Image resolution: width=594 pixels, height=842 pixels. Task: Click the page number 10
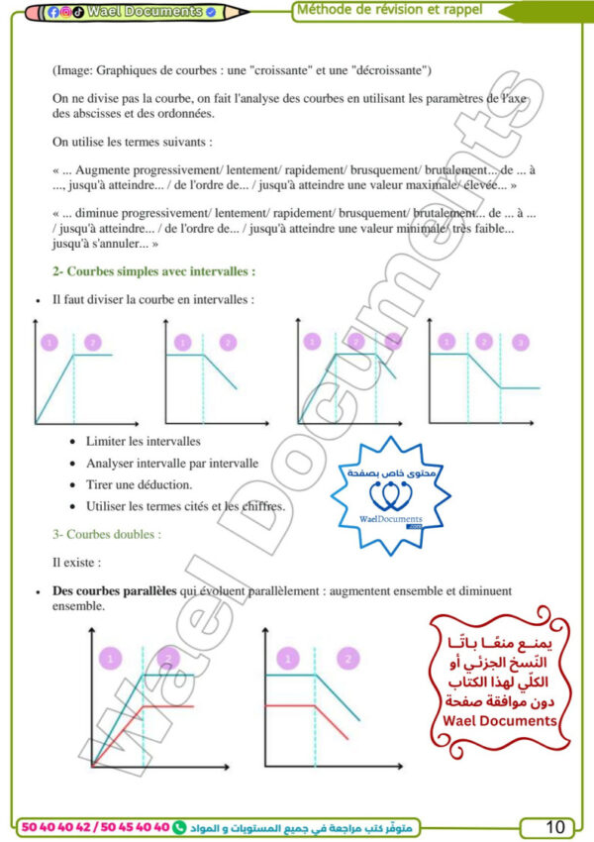555,826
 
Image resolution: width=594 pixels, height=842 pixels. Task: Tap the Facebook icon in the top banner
53,12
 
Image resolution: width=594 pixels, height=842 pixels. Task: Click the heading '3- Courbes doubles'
107,534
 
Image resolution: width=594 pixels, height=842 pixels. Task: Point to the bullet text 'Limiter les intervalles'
143,441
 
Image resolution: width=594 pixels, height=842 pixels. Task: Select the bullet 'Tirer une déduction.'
139,484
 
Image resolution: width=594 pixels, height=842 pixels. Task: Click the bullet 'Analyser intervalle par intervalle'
171,463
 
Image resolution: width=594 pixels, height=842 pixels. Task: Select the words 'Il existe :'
76,562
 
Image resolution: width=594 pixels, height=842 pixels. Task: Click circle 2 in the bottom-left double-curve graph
169,658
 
